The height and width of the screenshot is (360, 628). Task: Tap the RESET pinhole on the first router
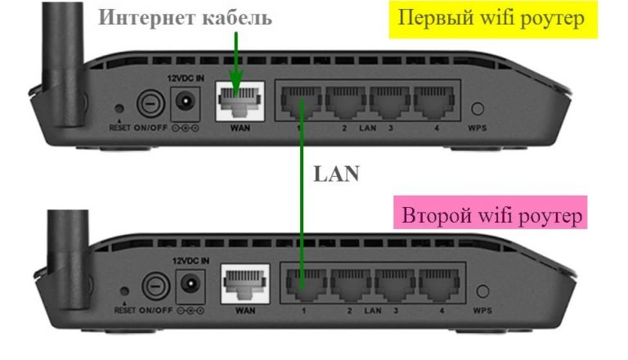click(120, 107)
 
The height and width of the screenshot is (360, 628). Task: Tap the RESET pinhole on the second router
click(124, 291)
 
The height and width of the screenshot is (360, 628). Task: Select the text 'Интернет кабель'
click(185, 17)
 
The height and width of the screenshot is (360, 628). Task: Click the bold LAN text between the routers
click(336, 174)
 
